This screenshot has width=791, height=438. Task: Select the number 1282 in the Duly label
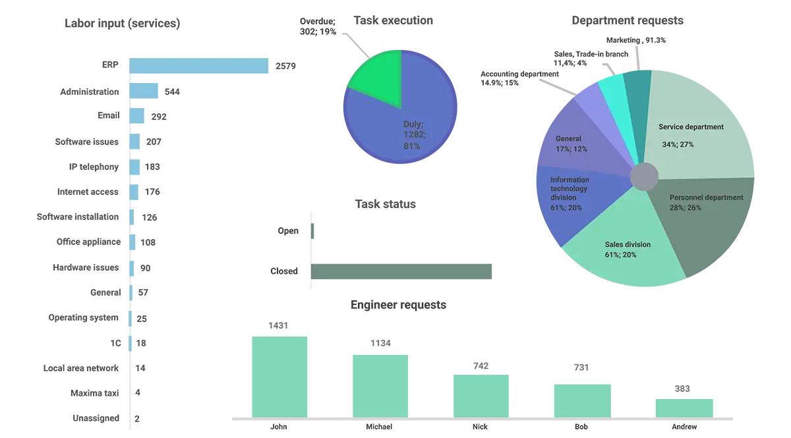[415, 135]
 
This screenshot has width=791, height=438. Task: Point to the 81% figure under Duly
[411, 146]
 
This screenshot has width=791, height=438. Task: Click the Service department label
[691, 127]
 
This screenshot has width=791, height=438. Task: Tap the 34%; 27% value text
[678, 144]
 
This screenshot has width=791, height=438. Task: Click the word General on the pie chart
[568, 139]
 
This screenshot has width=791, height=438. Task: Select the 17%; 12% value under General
[571, 149]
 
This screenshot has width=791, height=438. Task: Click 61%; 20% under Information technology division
[566, 207]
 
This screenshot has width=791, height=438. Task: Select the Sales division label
[628, 244]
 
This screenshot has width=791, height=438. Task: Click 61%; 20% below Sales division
[620, 255]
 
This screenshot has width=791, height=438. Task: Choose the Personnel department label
[706, 198]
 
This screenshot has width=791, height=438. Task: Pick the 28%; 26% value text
[686, 208]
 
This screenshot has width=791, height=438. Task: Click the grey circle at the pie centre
[644, 177]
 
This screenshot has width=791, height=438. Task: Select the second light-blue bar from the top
[145, 92]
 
